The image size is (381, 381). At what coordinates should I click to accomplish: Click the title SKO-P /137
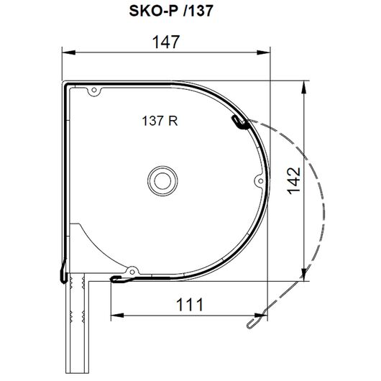(171, 11)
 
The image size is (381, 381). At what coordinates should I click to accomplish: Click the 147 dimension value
(166, 42)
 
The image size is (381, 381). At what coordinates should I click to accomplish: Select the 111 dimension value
(190, 305)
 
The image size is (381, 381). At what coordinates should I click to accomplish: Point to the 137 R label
(160, 121)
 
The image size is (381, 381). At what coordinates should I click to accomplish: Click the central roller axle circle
(162, 181)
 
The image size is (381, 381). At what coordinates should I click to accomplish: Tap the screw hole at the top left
(94, 91)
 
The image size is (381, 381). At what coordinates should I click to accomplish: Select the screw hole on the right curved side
(260, 181)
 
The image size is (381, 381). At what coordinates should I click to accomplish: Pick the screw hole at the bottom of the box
(132, 272)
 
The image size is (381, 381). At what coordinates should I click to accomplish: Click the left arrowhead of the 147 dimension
(68, 52)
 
